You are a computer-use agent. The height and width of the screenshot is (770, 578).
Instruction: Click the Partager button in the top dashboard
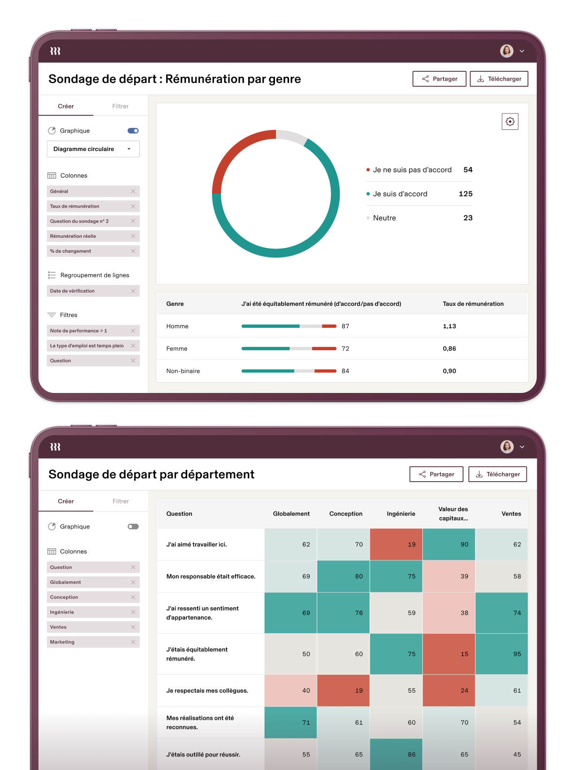[x=439, y=79]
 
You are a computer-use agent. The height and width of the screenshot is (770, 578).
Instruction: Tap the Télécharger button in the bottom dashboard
[x=498, y=474]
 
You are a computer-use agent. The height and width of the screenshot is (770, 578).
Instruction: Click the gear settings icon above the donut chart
[x=510, y=121]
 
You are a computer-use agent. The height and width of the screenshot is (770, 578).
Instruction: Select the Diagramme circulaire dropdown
[x=93, y=149]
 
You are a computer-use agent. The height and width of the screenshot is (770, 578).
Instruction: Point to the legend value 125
[x=465, y=194]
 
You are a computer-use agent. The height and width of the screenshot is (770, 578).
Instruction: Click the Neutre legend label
[x=384, y=218]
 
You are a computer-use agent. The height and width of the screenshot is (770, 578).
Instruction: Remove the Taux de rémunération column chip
[x=133, y=206]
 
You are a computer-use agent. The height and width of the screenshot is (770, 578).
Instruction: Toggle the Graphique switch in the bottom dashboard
[x=133, y=527]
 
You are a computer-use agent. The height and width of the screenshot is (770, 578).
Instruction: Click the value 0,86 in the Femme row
[x=449, y=348]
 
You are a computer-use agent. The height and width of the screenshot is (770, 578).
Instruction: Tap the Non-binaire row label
[x=183, y=371]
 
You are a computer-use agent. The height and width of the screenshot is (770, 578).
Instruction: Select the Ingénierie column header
[x=401, y=513]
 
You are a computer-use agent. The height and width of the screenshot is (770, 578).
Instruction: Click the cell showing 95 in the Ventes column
[x=502, y=654]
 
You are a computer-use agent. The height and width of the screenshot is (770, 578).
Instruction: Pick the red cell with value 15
[x=449, y=654]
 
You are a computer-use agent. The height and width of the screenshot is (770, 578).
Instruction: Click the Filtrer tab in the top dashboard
[x=120, y=106]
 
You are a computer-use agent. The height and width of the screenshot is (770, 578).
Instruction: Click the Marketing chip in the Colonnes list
[x=62, y=642]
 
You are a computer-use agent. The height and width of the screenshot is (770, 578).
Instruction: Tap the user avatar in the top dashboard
[x=507, y=51]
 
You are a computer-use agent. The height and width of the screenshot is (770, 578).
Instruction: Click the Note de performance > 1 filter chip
[x=79, y=331]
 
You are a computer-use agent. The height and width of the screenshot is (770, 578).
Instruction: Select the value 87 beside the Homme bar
[x=345, y=326]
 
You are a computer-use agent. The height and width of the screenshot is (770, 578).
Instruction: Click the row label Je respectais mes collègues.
[x=207, y=690]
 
